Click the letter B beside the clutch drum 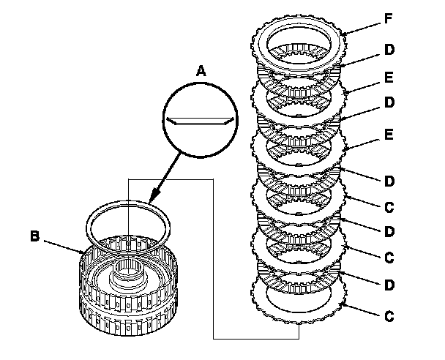coord(34,236)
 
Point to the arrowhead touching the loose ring coord(152,199)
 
